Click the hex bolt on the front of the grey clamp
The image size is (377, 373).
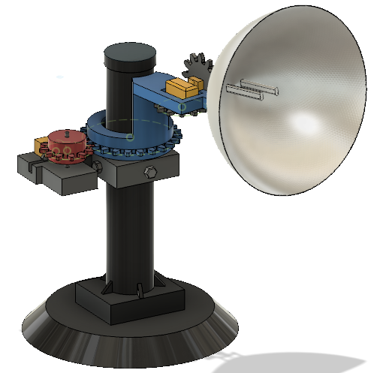click(x=148, y=173)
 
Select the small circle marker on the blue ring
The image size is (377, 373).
click(x=130, y=137)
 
